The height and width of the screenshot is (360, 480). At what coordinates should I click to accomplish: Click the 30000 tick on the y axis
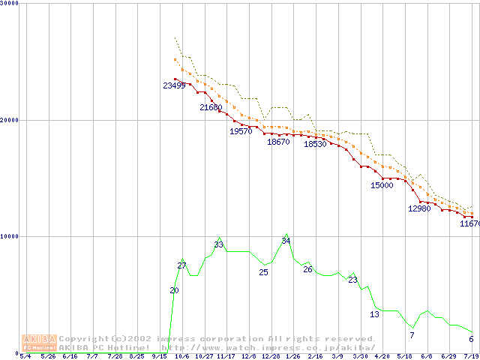tap(10, 4)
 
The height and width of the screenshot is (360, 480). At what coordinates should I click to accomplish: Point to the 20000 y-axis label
tap(10, 120)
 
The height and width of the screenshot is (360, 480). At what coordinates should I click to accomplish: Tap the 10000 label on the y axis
tap(10, 236)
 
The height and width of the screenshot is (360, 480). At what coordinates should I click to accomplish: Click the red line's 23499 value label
tap(175, 85)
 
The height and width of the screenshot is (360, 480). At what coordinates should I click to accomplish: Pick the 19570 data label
tap(241, 131)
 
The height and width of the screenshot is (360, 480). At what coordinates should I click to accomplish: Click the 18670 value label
tap(278, 142)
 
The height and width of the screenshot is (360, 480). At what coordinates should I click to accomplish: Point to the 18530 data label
tap(315, 145)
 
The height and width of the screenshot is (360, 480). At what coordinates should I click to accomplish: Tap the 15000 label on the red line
tap(382, 185)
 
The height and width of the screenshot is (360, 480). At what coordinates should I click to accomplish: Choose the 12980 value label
tap(419, 208)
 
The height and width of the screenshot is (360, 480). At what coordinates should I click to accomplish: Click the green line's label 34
tap(286, 241)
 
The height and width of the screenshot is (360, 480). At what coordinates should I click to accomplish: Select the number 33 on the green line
tap(219, 244)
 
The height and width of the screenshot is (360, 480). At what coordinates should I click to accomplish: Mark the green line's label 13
tap(374, 314)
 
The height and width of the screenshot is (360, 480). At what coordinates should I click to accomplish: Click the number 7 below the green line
tap(412, 334)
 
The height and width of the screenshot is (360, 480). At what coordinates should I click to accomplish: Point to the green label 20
tap(174, 290)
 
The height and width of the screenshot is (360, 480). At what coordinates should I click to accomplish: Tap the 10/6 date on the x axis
tap(181, 357)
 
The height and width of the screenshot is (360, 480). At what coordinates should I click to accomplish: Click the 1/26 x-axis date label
tap(292, 357)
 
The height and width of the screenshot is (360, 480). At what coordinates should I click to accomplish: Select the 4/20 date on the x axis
tap(382, 357)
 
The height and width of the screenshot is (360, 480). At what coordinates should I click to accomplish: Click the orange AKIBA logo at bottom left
tap(39, 342)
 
